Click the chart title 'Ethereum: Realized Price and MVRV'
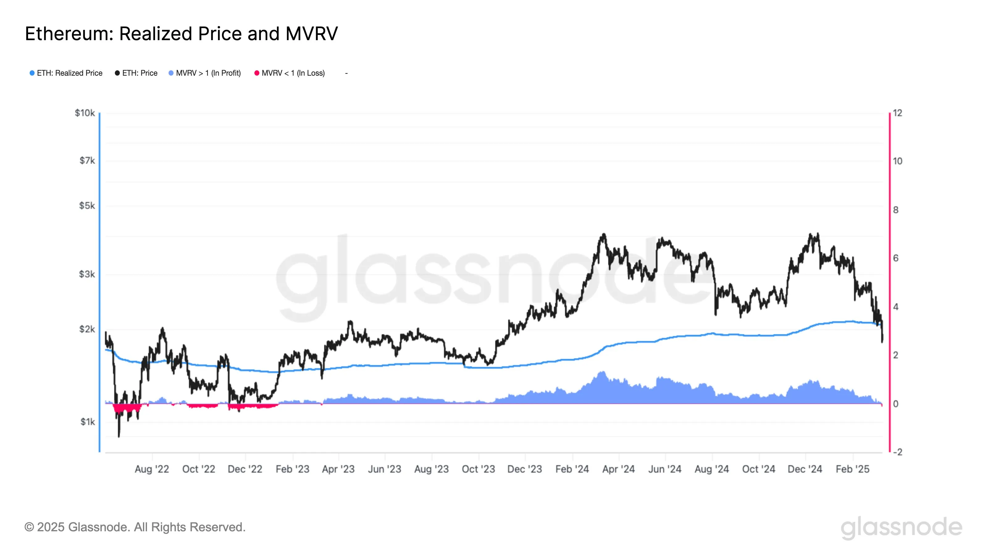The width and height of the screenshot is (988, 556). click(x=181, y=34)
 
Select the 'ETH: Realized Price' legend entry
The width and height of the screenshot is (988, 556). click(x=69, y=73)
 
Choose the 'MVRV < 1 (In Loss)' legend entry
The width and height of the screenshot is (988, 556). click(x=293, y=73)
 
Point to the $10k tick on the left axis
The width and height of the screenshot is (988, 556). click(x=85, y=113)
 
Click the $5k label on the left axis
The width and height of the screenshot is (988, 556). click(x=87, y=206)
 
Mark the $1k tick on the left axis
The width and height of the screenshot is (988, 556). click(x=87, y=422)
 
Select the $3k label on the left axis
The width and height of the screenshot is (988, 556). click(x=87, y=274)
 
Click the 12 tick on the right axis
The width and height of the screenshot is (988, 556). click(x=898, y=113)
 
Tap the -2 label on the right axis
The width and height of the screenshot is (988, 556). click(x=898, y=452)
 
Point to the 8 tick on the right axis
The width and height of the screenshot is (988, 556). click(x=896, y=210)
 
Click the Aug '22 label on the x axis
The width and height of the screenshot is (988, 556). click(x=152, y=469)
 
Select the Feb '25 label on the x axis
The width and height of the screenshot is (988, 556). click(x=852, y=469)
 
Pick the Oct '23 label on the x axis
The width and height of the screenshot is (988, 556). click(x=478, y=469)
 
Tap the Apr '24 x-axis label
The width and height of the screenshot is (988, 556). click(x=619, y=469)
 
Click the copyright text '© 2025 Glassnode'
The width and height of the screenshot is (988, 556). click(x=135, y=527)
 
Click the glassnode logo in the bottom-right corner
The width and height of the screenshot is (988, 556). click(x=901, y=527)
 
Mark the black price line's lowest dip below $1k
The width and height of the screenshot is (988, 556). click(x=119, y=436)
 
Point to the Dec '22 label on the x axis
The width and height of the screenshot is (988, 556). click(x=245, y=469)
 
